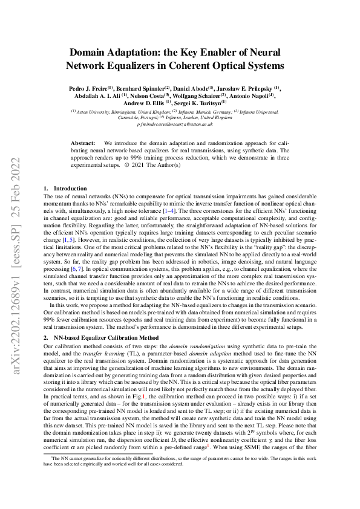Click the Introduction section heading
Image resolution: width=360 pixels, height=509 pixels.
pos(70,189)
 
